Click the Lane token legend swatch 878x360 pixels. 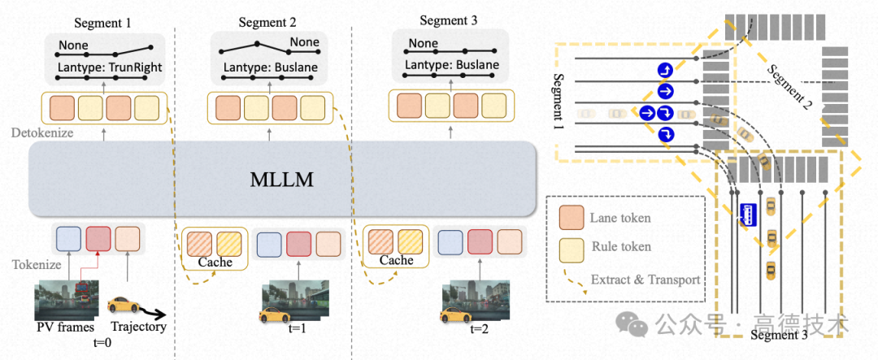[x=575, y=219]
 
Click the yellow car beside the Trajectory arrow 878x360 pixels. [x=124, y=308]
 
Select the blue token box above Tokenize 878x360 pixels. [x=69, y=240]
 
